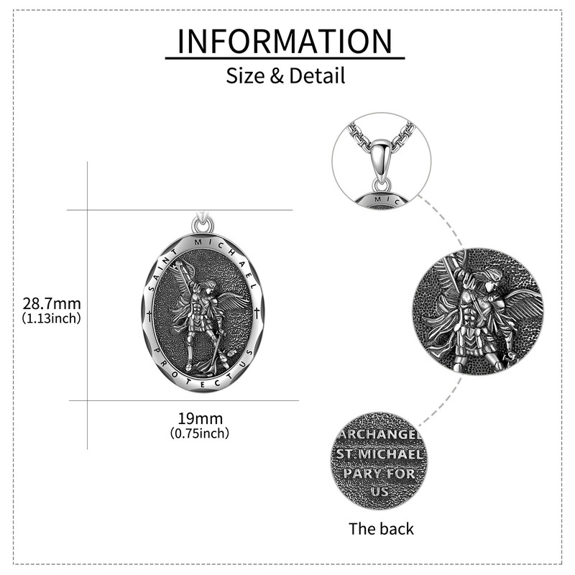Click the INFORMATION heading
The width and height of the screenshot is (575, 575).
(x=285, y=41)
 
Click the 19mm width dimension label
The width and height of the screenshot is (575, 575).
(x=201, y=418)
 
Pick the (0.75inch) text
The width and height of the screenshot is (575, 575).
(x=201, y=433)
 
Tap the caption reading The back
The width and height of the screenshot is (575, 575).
(x=381, y=529)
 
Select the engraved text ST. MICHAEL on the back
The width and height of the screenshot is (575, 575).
(x=381, y=455)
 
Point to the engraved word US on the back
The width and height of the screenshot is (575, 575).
(x=381, y=492)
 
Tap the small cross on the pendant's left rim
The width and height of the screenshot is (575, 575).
(x=149, y=314)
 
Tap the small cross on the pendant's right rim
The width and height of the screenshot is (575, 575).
(x=257, y=313)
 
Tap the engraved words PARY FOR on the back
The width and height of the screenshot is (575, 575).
(x=381, y=474)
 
